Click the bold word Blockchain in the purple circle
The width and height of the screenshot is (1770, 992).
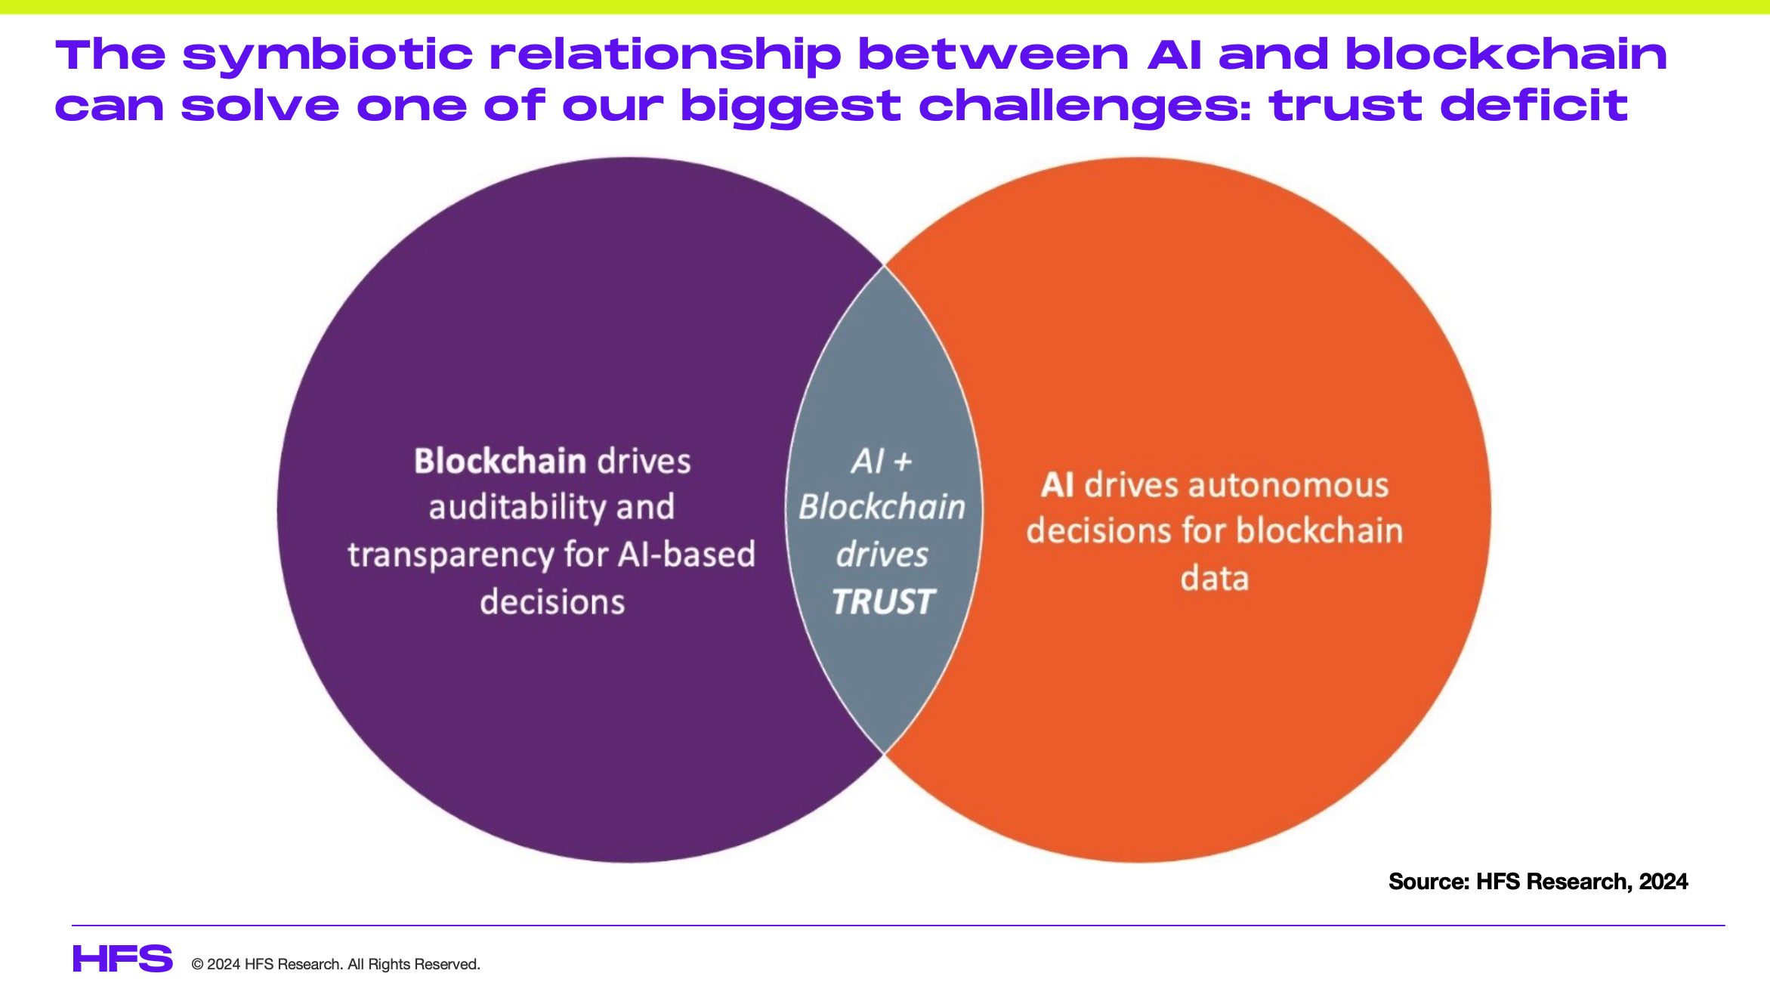point(500,462)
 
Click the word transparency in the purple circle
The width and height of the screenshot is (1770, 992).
point(451,555)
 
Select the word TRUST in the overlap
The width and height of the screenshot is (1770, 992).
point(883,602)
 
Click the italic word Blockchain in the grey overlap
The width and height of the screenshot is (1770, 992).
point(882,507)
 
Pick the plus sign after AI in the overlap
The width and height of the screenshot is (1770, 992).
point(903,462)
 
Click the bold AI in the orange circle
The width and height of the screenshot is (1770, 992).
point(1058,485)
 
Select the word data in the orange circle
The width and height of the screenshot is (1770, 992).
point(1215,579)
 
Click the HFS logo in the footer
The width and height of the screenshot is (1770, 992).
point(122,959)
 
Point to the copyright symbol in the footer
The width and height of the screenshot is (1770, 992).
point(198,965)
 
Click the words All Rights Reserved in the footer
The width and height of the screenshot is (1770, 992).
point(413,965)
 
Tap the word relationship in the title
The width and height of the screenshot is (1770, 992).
point(665,55)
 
